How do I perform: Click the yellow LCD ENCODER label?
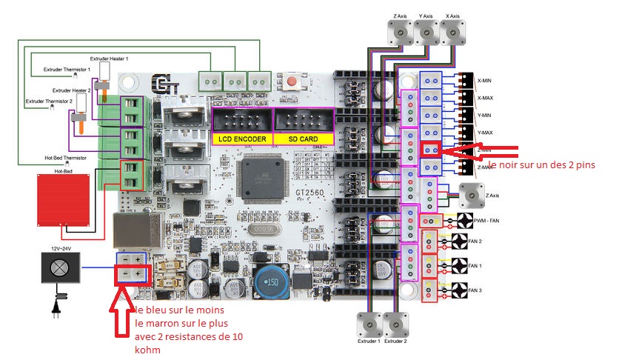pos(242,139)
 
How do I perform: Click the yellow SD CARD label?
pos(303,139)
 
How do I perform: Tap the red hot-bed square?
pos(65,199)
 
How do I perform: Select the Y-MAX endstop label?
pos(486,132)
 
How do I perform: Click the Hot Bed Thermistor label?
pos(70,159)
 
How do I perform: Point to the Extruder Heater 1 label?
pos(109,58)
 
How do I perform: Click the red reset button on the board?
pos(293,81)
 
